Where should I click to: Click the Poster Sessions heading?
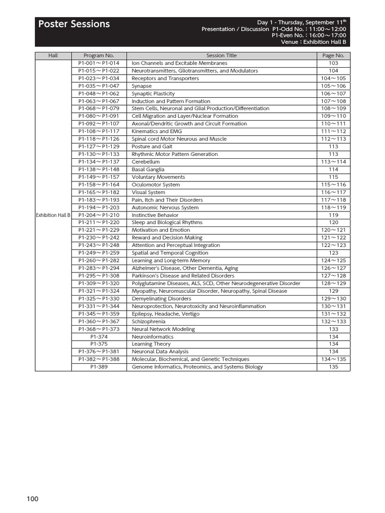pyautogui.click(x=74, y=24)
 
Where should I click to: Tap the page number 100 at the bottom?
pyautogui.click(x=33, y=498)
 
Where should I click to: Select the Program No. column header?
pyautogui.click(x=99, y=56)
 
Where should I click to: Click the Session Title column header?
pyautogui.click(x=221, y=56)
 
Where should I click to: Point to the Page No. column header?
pyautogui.click(x=333, y=56)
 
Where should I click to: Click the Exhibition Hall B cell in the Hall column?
pyautogui.click(x=53, y=215)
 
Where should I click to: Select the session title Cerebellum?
pyautogui.click(x=145, y=162)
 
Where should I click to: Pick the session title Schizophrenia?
pyautogui.click(x=148, y=321)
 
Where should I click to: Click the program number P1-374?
pyautogui.click(x=99, y=337)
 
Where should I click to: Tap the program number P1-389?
pyautogui.click(x=99, y=367)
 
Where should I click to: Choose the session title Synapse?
pyautogui.click(x=141, y=86)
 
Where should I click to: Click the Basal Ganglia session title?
pyautogui.click(x=148, y=169)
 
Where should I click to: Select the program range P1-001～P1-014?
pyautogui.click(x=99, y=63)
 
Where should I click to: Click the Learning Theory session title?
pyautogui.click(x=151, y=344)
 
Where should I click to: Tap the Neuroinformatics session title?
pyautogui.click(x=152, y=337)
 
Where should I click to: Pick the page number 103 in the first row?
pyautogui.click(x=333, y=63)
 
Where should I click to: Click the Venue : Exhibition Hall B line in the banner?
pyautogui.click(x=313, y=42)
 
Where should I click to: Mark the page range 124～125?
pyautogui.click(x=333, y=261)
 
